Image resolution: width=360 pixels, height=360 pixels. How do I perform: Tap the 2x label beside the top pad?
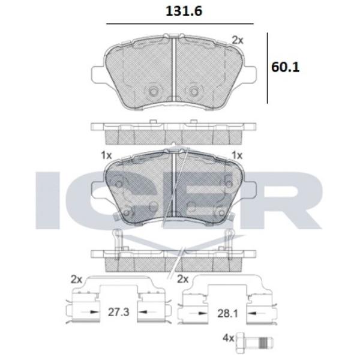pyautogui.click(x=238, y=40)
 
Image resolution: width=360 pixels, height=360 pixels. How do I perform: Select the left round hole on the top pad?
pyautogui.click(x=152, y=92)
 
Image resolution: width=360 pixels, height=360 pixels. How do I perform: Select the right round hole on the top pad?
pyautogui.click(x=193, y=92)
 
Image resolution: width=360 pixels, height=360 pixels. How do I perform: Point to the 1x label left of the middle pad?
pyautogui.click(x=107, y=155)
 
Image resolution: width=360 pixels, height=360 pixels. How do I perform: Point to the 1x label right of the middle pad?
pyautogui.click(x=237, y=155)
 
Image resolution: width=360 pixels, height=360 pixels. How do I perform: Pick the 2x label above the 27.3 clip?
pyautogui.click(x=75, y=279)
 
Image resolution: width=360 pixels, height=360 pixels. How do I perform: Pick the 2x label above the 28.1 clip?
pyautogui.click(x=183, y=279)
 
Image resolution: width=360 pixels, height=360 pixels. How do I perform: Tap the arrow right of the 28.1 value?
pyautogui.click(x=251, y=313)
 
